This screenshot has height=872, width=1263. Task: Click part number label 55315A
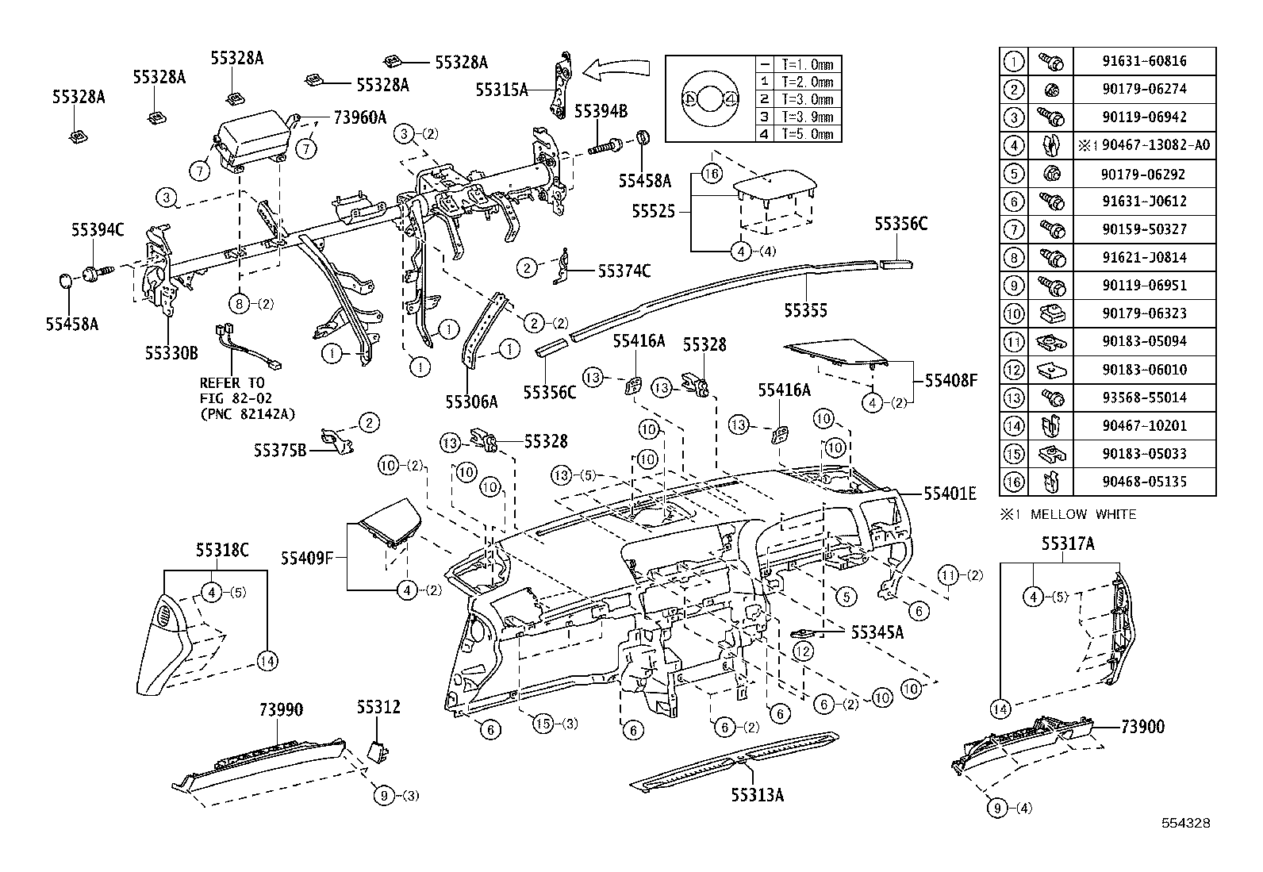point(501,90)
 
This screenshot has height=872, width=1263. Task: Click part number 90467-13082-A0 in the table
point(1144,145)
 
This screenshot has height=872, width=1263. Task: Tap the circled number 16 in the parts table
point(1014,482)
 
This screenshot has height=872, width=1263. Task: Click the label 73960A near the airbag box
point(359,118)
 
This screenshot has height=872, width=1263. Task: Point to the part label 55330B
point(171,352)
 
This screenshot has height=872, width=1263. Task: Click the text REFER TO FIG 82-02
point(232,390)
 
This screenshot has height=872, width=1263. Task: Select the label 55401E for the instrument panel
point(950,494)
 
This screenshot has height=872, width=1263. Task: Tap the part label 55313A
point(757,793)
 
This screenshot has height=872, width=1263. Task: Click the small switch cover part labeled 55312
point(378,750)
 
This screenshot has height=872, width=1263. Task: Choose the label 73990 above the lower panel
point(281,709)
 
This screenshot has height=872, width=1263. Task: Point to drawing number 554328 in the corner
point(1186,823)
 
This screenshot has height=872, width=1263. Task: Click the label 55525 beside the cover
point(653,212)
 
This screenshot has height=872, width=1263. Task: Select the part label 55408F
point(951,380)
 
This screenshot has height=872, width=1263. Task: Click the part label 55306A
point(471,401)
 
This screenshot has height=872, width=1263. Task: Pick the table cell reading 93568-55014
point(1144,398)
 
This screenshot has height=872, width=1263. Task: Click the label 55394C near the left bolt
point(98,230)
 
